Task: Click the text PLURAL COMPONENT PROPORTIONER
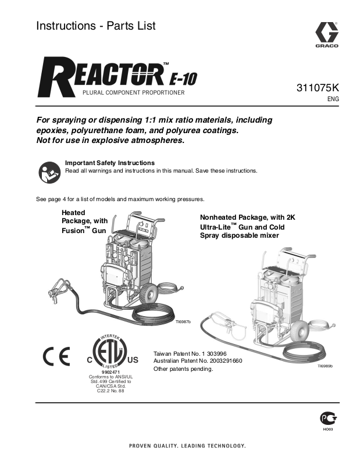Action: (133, 93)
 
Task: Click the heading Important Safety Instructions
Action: (110, 163)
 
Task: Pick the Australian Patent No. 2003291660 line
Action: (198, 360)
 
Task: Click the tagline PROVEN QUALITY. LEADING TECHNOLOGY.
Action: (179, 446)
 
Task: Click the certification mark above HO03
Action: (327, 419)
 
